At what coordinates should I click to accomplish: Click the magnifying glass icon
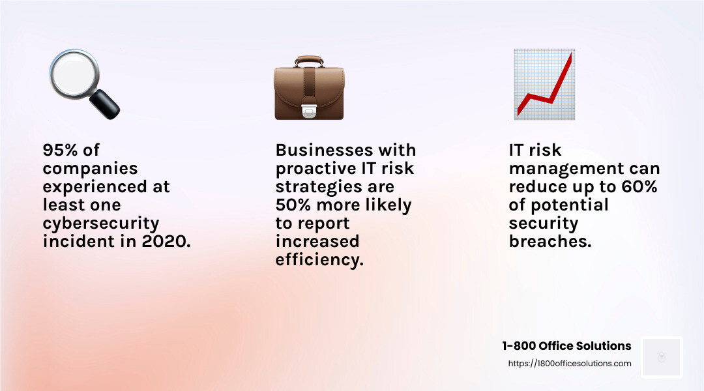pos(83,83)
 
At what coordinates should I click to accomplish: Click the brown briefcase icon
pos(309,88)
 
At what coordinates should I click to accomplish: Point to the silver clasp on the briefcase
pos(309,111)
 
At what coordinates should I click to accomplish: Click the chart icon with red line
pos(544,84)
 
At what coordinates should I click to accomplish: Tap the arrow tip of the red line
pos(570,56)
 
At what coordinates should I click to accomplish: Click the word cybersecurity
pos(101,223)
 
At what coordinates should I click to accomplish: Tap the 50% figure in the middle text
pos(295,205)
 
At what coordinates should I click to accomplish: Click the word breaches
pos(550,241)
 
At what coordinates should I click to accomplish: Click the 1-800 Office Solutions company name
pos(566,346)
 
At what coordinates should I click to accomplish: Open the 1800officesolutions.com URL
pos(570,364)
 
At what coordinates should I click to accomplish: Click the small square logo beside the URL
pos(661,357)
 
